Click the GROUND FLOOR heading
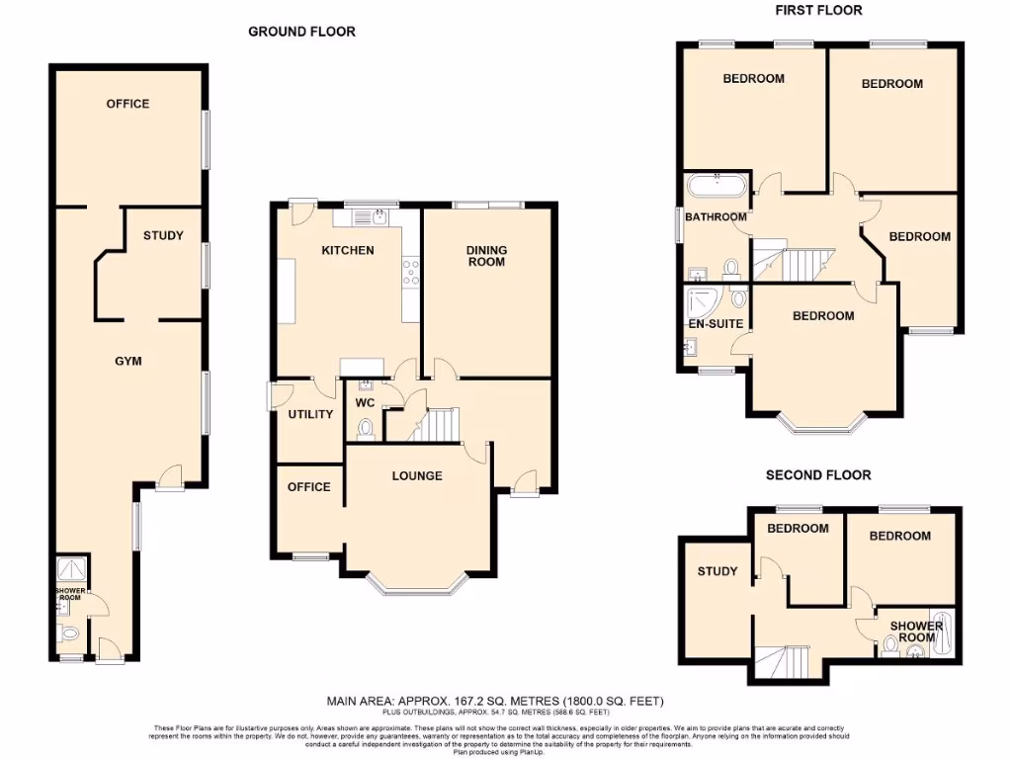(301, 32)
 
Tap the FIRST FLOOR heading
(818, 10)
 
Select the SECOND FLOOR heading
(818, 475)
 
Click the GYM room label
(128, 361)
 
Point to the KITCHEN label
(348, 250)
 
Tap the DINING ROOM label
(486, 256)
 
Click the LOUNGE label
(417, 475)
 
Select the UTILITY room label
(310, 414)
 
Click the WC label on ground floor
(365, 403)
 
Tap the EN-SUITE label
(717, 323)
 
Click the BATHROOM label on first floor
(717, 217)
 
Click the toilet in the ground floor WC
(366, 428)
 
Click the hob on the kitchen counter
(411, 271)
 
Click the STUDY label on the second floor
(717, 571)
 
